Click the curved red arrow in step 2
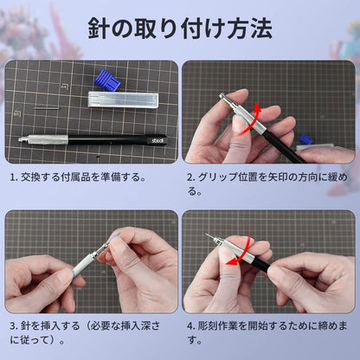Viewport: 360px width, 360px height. click(x=253, y=117)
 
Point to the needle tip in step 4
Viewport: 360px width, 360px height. click(x=207, y=234)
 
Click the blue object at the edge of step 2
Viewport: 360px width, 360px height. click(x=305, y=138)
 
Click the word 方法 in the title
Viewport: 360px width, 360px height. click(x=250, y=29)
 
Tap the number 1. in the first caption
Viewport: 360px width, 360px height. click(x=14, y=177)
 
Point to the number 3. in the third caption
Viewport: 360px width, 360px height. click(x=14, y=328)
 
